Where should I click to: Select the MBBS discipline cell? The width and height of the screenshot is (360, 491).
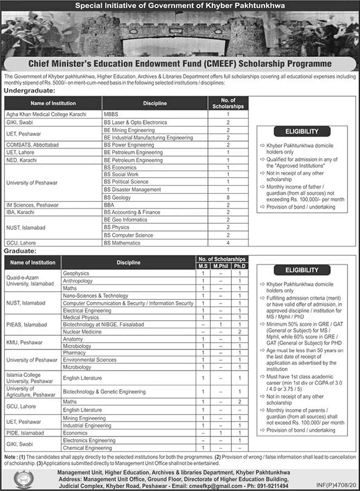112,115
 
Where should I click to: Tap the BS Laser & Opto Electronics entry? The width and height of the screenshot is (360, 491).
135,123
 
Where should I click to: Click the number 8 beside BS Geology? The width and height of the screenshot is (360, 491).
228,197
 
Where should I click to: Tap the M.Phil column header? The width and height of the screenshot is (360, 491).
217,266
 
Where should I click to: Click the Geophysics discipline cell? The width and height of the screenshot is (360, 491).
76,273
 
